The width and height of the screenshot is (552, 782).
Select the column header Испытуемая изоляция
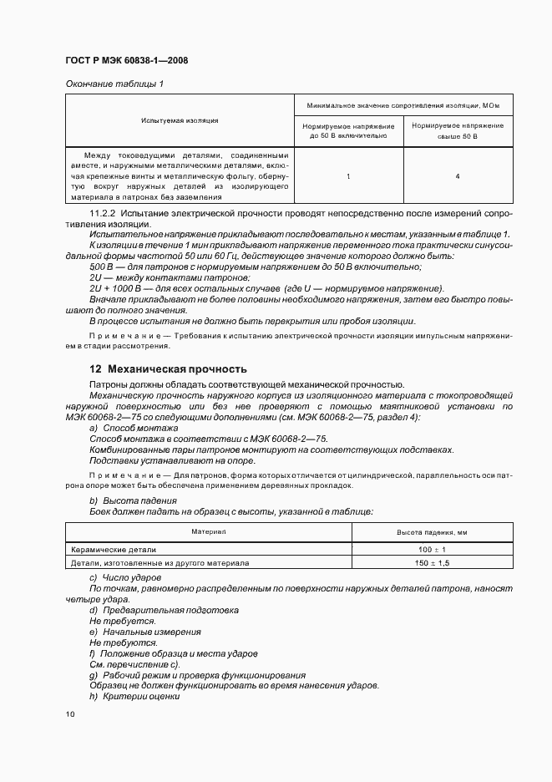tap(180, 121)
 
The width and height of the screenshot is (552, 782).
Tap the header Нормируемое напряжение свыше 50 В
tap(458, 129)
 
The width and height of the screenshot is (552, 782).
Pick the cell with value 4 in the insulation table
tap(458, 176)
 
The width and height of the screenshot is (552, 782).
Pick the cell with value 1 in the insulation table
tap(348, 176)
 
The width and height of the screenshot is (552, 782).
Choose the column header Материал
tap(209, 531)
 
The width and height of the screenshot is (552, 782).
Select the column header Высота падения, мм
tap(433, 531)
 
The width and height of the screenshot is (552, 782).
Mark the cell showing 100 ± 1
tap(433, 550)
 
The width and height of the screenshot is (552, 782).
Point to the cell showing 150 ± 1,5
tap(433, 563)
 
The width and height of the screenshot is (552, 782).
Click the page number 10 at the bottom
tap(69, 714)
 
